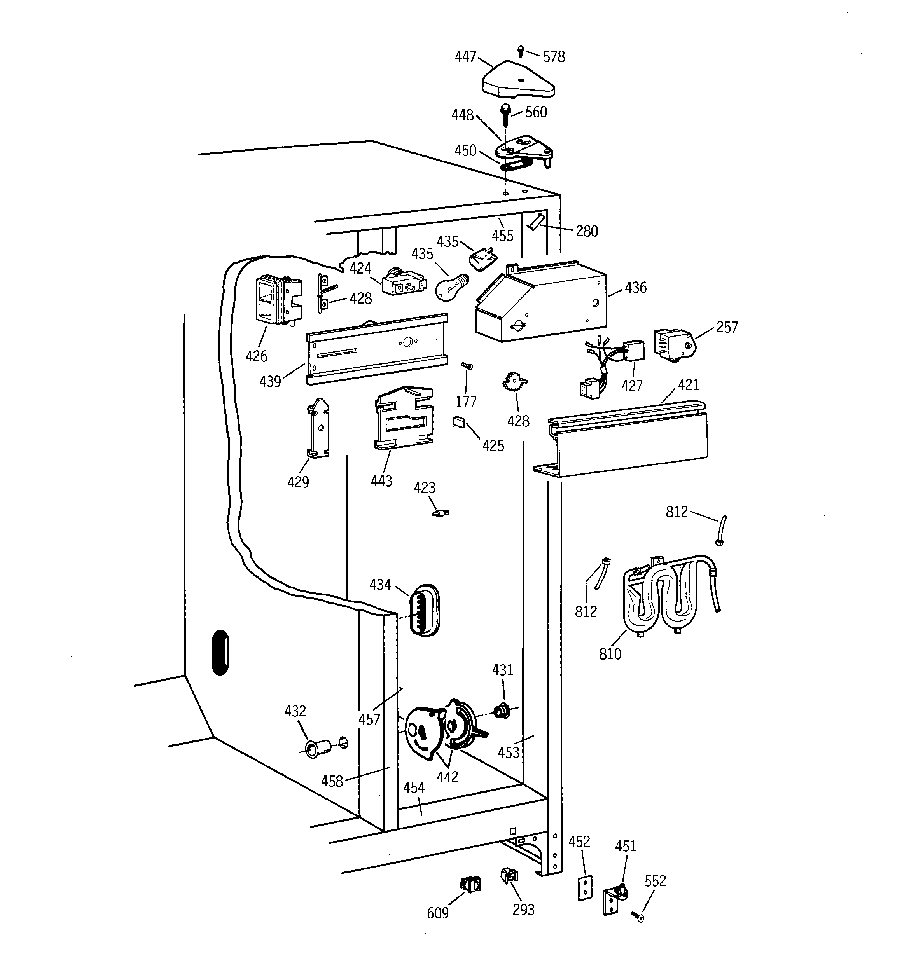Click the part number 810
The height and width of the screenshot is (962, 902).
click(x=610, y=654)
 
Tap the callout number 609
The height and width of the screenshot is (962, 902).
click(x=437, y=913)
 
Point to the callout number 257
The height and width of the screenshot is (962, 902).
click(x=726, y=328)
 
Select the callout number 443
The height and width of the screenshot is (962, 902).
click(x=381, y=481)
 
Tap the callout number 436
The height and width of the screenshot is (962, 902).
click(x=635, y=288)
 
